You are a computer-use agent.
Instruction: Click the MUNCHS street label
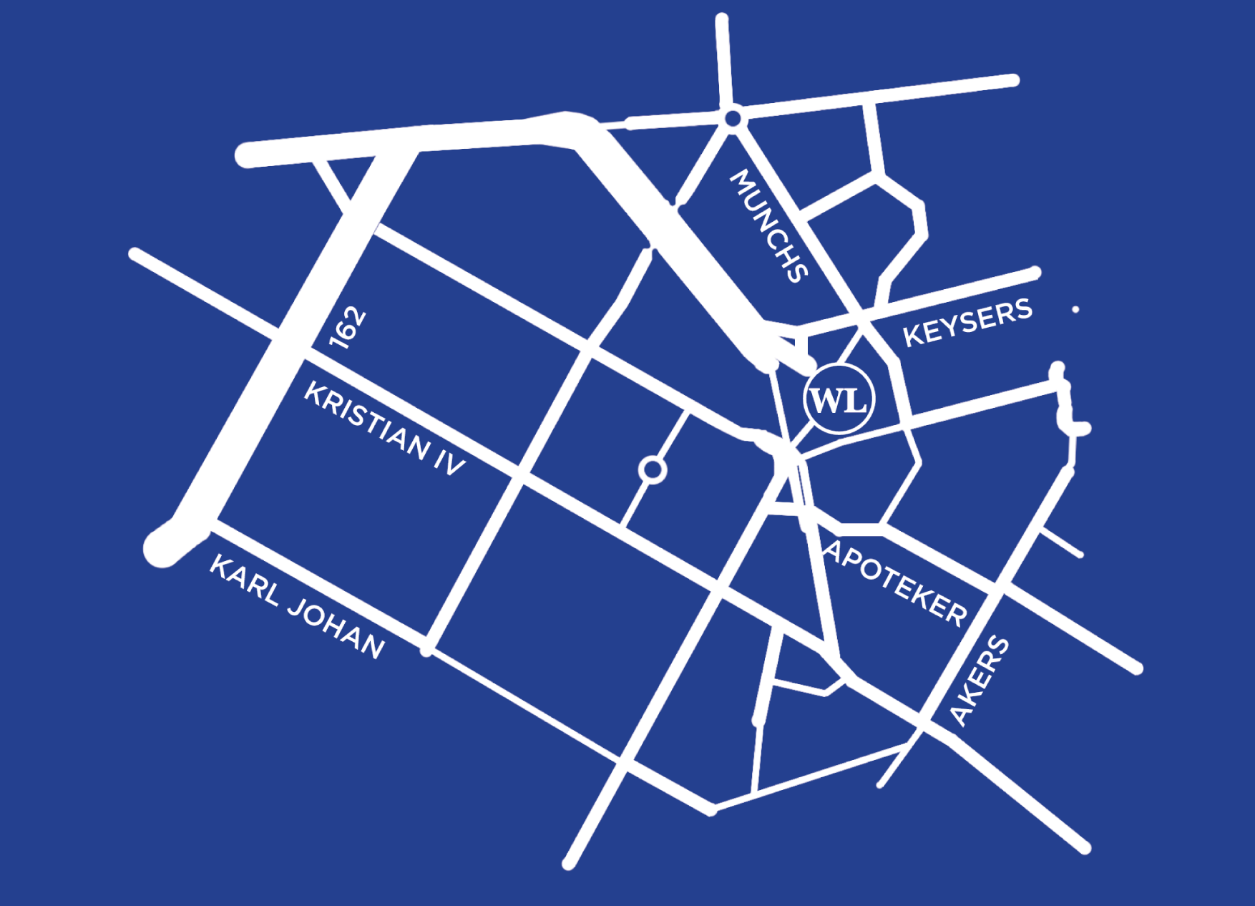768,225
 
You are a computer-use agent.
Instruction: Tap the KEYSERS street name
967,323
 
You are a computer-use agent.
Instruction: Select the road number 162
348,328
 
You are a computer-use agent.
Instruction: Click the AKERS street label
979,681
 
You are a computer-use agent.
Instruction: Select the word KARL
244,580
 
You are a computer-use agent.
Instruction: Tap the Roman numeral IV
450,462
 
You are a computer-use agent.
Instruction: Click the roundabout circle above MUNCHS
733,118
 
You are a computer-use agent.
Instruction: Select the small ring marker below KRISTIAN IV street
653,469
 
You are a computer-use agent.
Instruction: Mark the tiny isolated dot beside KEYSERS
1075,310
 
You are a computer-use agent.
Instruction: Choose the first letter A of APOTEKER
833,551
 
